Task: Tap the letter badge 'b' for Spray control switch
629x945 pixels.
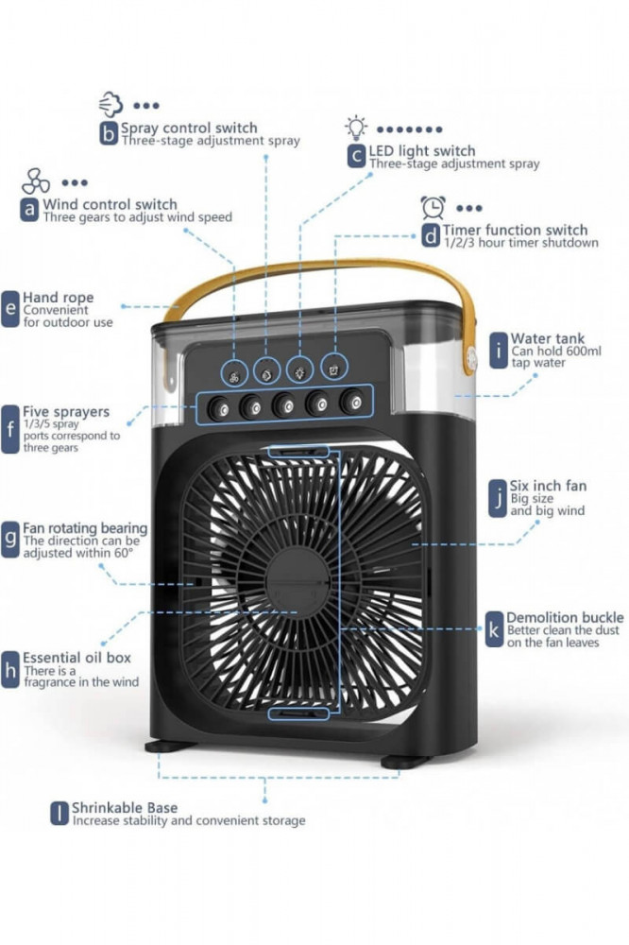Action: point(110,133)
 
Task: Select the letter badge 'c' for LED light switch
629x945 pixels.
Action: point(356,156)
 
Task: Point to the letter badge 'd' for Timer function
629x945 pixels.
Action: point(430,234)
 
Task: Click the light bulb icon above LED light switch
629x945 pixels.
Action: point(355,127)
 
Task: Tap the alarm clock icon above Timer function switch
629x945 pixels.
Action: point(433,207)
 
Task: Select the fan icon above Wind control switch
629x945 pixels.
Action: point(36,181)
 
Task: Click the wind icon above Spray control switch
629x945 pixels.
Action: point(110,103)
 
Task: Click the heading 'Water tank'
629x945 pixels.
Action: point(547,338)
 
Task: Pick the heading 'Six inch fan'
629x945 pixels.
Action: point(548,486)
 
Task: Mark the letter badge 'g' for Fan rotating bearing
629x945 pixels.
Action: point(10,538)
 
